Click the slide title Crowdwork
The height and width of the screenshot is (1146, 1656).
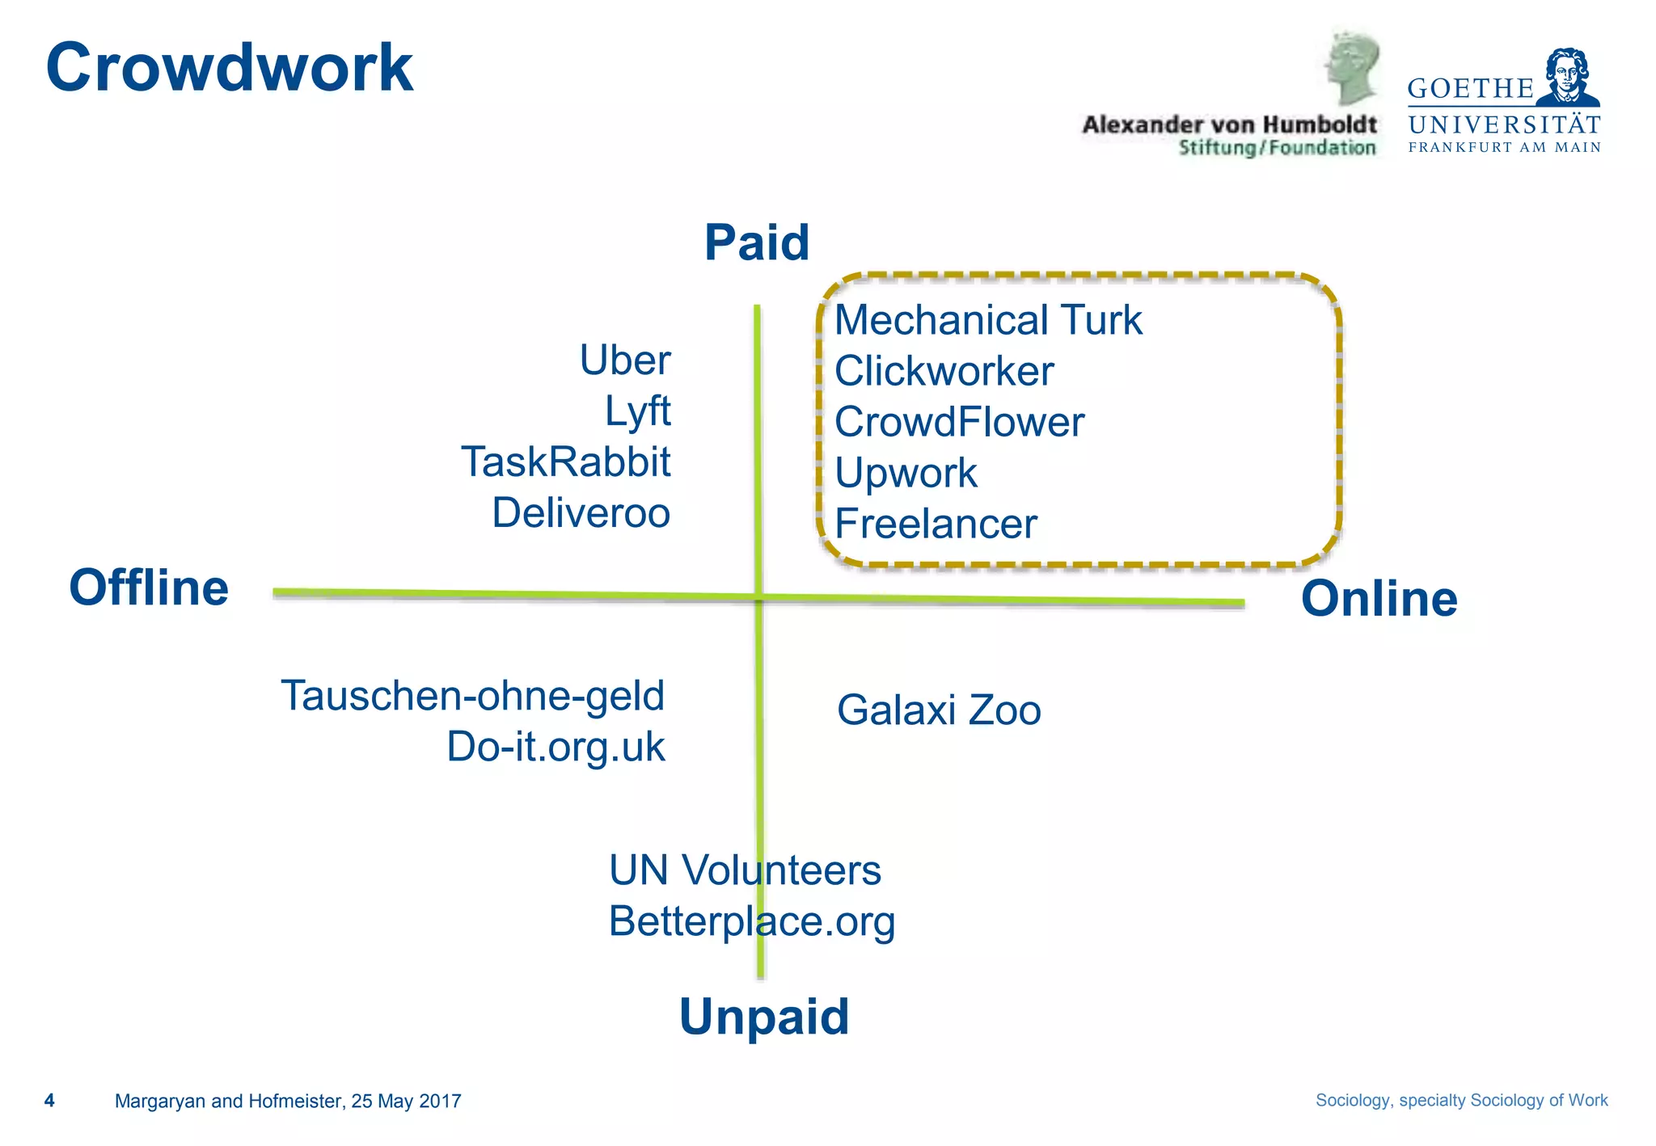230,68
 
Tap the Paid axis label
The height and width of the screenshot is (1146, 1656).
757,242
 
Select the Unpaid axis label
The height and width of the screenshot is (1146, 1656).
764,1016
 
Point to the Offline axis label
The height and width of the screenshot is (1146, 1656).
149,588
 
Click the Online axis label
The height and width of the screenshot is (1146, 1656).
1379,599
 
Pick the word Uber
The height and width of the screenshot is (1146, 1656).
625,360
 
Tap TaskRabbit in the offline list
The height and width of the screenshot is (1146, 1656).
565,462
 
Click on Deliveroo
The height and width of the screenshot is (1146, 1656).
581,513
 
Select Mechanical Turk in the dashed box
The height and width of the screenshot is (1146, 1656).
988,320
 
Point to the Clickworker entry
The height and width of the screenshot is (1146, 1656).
944,372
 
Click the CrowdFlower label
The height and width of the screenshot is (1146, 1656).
959,423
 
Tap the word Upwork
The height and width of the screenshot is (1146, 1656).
906,474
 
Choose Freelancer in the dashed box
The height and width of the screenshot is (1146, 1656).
936,525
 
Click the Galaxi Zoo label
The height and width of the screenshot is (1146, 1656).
939,710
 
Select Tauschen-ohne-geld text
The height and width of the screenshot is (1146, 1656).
472,696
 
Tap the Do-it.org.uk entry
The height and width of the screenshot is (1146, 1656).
556,747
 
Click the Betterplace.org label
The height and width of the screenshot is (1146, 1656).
752,921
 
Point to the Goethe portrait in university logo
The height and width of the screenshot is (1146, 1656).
1568,77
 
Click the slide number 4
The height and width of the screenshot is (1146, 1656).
49,1101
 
